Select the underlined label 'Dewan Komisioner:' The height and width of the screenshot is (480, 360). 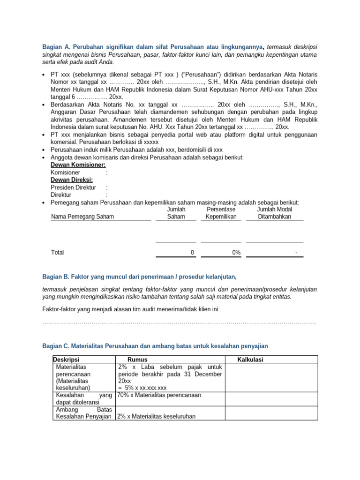(78, 165)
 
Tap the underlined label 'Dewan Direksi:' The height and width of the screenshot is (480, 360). (72, 180)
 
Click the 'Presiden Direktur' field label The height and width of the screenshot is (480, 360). (74, 187)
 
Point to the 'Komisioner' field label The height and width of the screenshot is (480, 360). (65, 172)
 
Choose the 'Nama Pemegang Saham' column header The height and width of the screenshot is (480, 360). (82, 217)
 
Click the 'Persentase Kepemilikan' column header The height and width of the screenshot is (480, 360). (221, 213)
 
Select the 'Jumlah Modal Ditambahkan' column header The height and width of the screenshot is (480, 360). (275, 213)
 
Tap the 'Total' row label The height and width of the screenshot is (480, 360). (58, 252)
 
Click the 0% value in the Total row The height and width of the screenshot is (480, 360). (236, 252)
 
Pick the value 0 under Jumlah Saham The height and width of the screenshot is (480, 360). (192, 252)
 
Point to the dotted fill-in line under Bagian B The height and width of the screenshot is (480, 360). (179, 322)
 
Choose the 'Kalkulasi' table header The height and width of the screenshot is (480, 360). (251, 360)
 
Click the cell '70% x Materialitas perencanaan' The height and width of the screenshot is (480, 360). (159, 395)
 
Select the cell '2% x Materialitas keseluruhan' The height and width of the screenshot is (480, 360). (156, 416)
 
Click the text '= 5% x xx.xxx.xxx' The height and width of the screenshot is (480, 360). (143, 388)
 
